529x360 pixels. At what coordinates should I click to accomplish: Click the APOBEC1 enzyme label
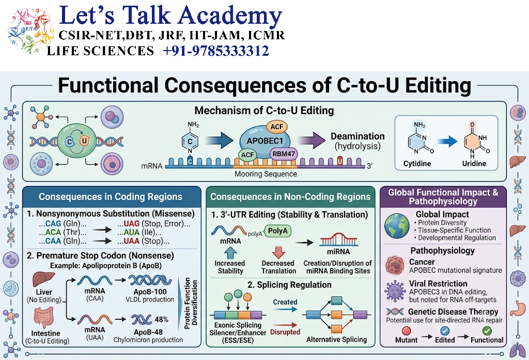click(x=265, y=141)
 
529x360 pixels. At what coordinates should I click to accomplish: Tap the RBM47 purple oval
click(x=284, y=154)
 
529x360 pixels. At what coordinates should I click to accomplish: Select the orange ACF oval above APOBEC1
click(x=277, y=127)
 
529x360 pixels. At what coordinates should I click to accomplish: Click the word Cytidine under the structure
click(x=417, y=164)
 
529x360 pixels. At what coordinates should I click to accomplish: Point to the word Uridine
click(x=474, y=164)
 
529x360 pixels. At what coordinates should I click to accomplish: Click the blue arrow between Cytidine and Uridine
click(x=447, y=142)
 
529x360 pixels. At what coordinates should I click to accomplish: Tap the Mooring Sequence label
click(x=266, y=174)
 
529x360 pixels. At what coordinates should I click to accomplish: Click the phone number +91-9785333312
click(x=216, y=51)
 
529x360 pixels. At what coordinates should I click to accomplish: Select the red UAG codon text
click(x=132, y=224)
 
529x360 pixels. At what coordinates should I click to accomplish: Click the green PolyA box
click(x=277, y=231)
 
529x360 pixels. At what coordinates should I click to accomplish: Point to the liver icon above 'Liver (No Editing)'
click(x=44, y=279)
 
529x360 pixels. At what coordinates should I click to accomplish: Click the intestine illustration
click(x=43, y=318)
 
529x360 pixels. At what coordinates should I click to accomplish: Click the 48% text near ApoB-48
click(x=161, y=320)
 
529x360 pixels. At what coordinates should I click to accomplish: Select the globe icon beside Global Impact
click(x=397, y=226)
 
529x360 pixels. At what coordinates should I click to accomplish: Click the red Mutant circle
click(x=407, y=331)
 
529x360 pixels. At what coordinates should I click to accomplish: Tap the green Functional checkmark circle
click(x=487, y=331)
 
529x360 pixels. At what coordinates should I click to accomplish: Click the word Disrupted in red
click(x=285, y=332)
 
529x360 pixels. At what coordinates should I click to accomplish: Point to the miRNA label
click(x=338, y=252)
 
